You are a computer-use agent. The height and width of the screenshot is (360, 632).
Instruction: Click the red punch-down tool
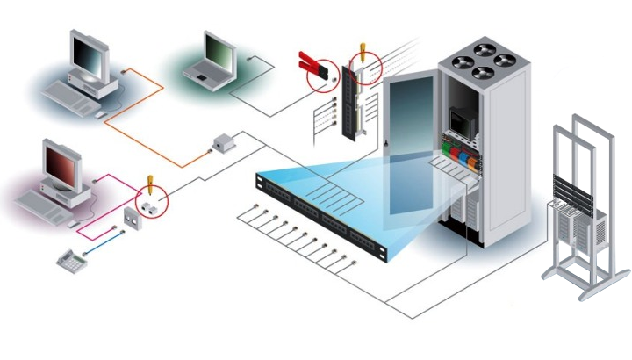pos(313,65)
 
